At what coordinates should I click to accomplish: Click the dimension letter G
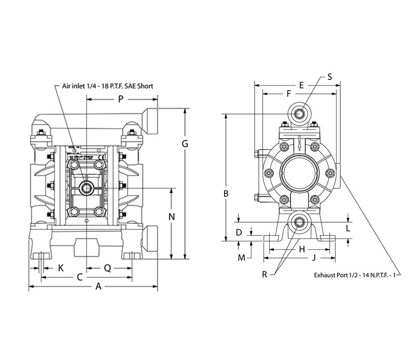click(185, 144)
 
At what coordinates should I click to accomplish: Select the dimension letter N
click(171, 216)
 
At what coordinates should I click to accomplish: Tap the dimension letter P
click(121, 99)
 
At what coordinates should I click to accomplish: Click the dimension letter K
click(61, 268)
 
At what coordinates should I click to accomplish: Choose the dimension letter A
click(99, 286)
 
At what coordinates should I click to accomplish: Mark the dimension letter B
click(226, 193)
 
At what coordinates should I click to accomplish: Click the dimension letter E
click(301, 85)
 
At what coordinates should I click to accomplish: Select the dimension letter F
click(289, 94)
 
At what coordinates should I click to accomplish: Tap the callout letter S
click(329, 76)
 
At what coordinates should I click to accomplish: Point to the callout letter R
click(264, 274)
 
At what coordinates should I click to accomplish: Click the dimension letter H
click(302, 249)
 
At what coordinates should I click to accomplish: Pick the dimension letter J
click(314, 258)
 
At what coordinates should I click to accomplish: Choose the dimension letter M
click(241, 258)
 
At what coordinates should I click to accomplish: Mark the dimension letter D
click(239, 232)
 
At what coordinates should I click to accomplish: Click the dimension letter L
click(348, 228)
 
